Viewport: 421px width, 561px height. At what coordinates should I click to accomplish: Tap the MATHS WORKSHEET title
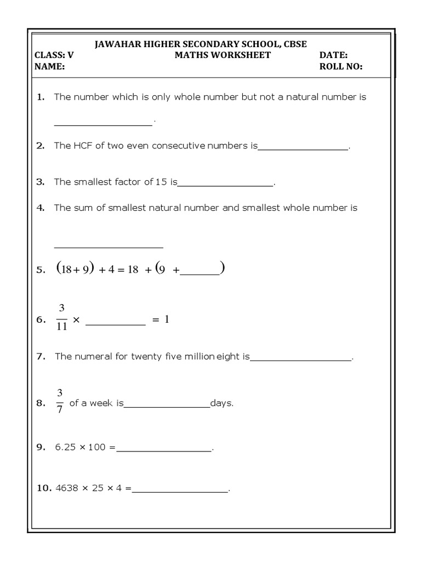tap(222, 55)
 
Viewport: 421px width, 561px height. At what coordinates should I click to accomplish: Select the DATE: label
tap(333, 55)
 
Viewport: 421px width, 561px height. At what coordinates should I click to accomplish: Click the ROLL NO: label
tap(340, 67)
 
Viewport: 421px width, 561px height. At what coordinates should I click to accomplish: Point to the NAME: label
tap(50, 67)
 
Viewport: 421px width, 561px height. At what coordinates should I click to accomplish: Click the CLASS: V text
tap(54, 55)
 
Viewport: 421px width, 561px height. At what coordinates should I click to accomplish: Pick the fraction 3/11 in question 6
tap(61, 318)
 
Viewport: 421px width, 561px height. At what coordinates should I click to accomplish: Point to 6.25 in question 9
tap(66, 447)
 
